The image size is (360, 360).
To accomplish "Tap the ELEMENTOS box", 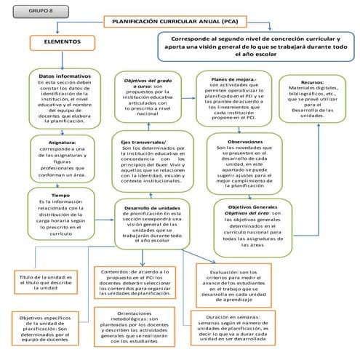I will (x=62, y=44).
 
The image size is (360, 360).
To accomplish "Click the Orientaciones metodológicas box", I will (x=137, y=328).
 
